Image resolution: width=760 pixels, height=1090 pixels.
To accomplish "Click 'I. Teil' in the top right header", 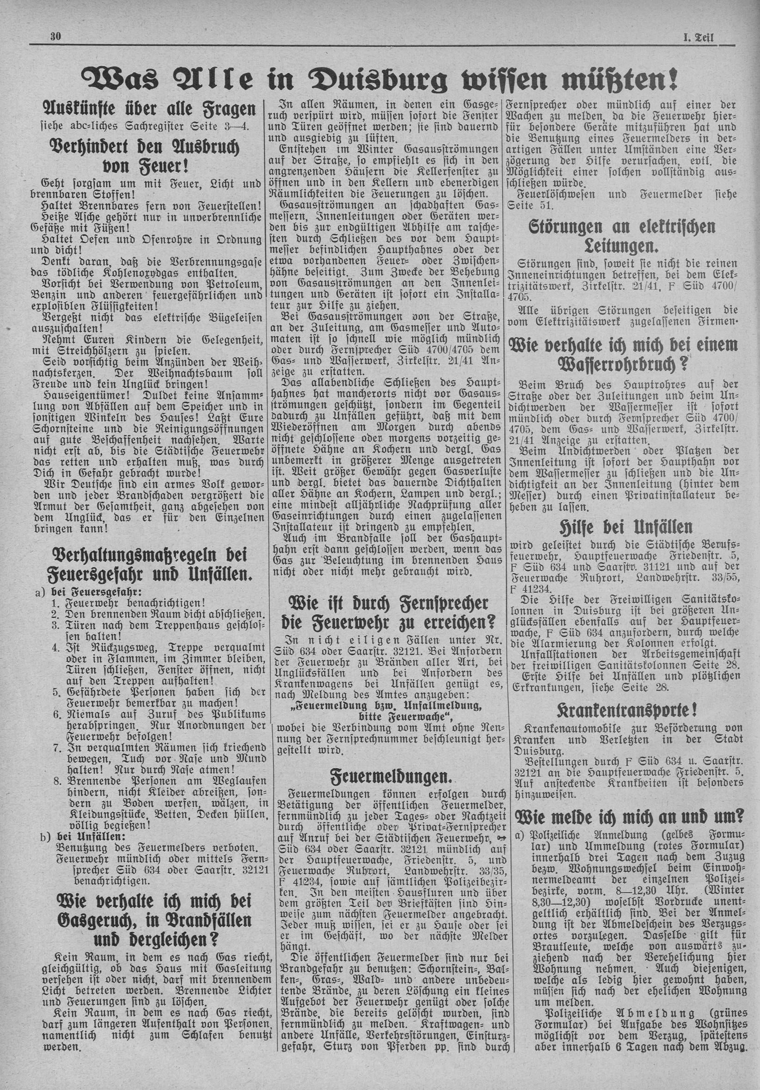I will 699,37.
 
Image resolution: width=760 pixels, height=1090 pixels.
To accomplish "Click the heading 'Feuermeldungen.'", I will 390,776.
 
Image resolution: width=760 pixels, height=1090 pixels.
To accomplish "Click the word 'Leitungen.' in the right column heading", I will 622,246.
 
